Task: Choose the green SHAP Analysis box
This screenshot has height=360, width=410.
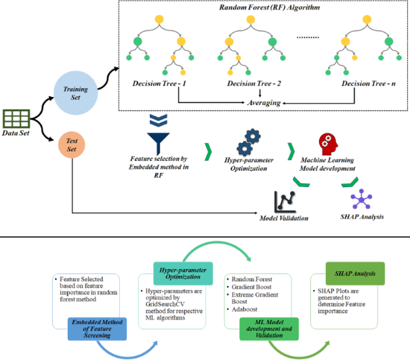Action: (347, 270)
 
